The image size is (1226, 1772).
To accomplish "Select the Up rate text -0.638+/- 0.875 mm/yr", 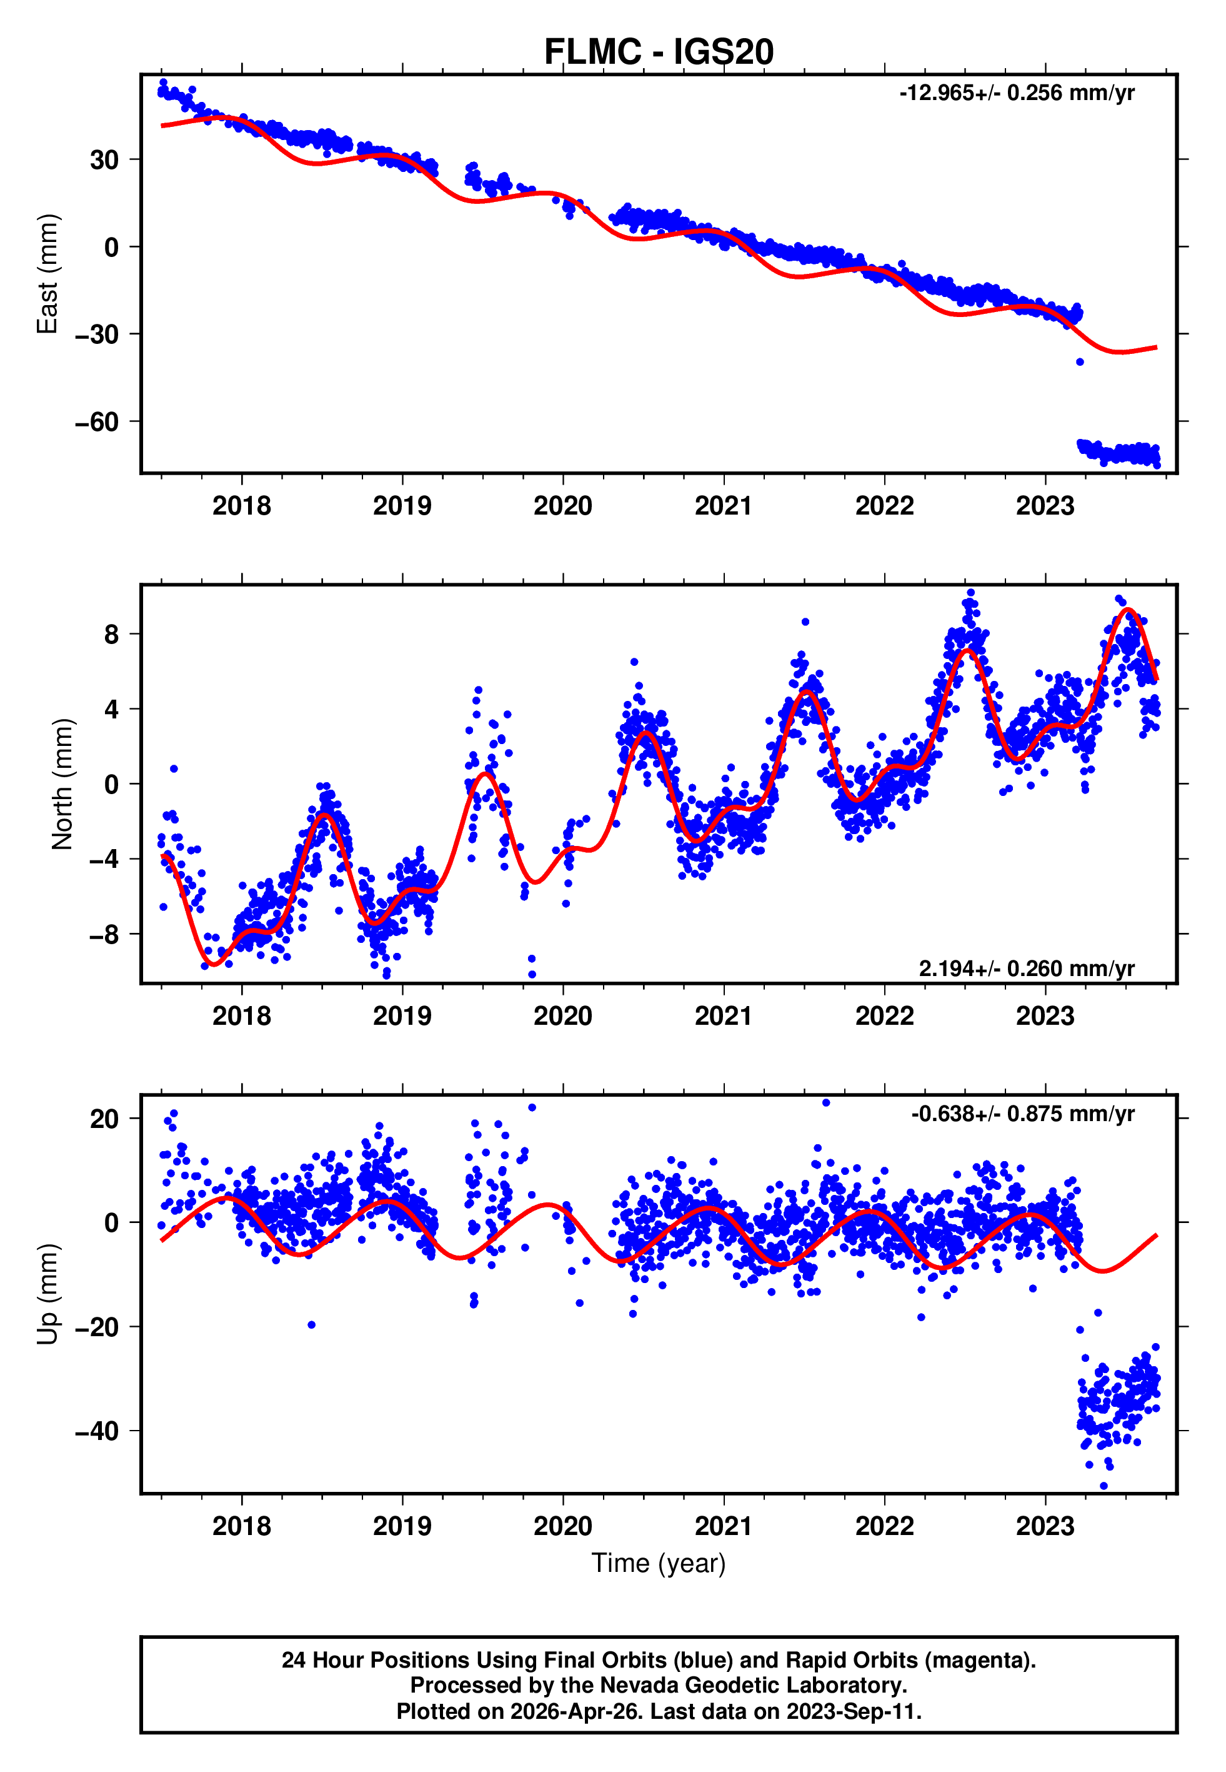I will click(1022, 1114).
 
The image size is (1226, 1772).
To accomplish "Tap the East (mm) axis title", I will click(47, 274).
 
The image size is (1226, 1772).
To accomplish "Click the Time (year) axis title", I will click(659, 1563).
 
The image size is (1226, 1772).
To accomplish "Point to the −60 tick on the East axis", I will click(97, 422).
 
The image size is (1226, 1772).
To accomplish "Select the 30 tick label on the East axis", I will click(104, 160).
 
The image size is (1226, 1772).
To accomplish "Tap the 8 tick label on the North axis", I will click(112, 634).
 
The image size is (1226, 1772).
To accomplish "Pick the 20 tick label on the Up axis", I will click(104, 1119).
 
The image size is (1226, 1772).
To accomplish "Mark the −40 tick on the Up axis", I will click(97, 1431).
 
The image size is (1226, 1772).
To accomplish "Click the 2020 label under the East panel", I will click(563, 506).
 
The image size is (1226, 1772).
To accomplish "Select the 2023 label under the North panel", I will click(1045, 1016).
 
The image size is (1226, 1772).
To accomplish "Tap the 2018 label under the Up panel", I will click(242, 1526).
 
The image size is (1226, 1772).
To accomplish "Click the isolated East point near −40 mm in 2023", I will click(1080, 361).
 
